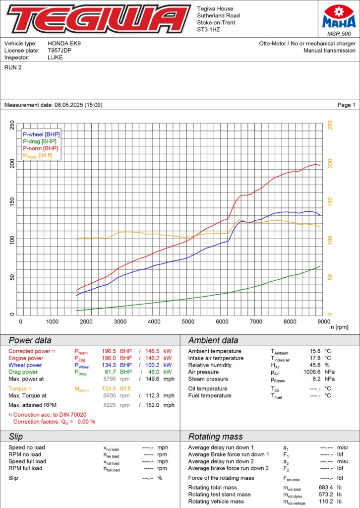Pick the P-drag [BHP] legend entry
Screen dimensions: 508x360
coord(40,141)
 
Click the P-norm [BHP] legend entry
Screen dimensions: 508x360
coord(40,148)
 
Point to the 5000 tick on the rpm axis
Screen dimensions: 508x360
coord(187,321)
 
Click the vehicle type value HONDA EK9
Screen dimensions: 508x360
coord(64,44)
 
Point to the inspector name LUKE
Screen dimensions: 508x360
coord(55,58)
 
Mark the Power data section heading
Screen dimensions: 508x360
coord(30,340)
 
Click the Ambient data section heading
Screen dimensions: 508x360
coord(213,340)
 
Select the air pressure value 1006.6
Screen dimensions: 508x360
coord(313,372)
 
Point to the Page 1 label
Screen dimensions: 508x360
coord(346,105)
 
